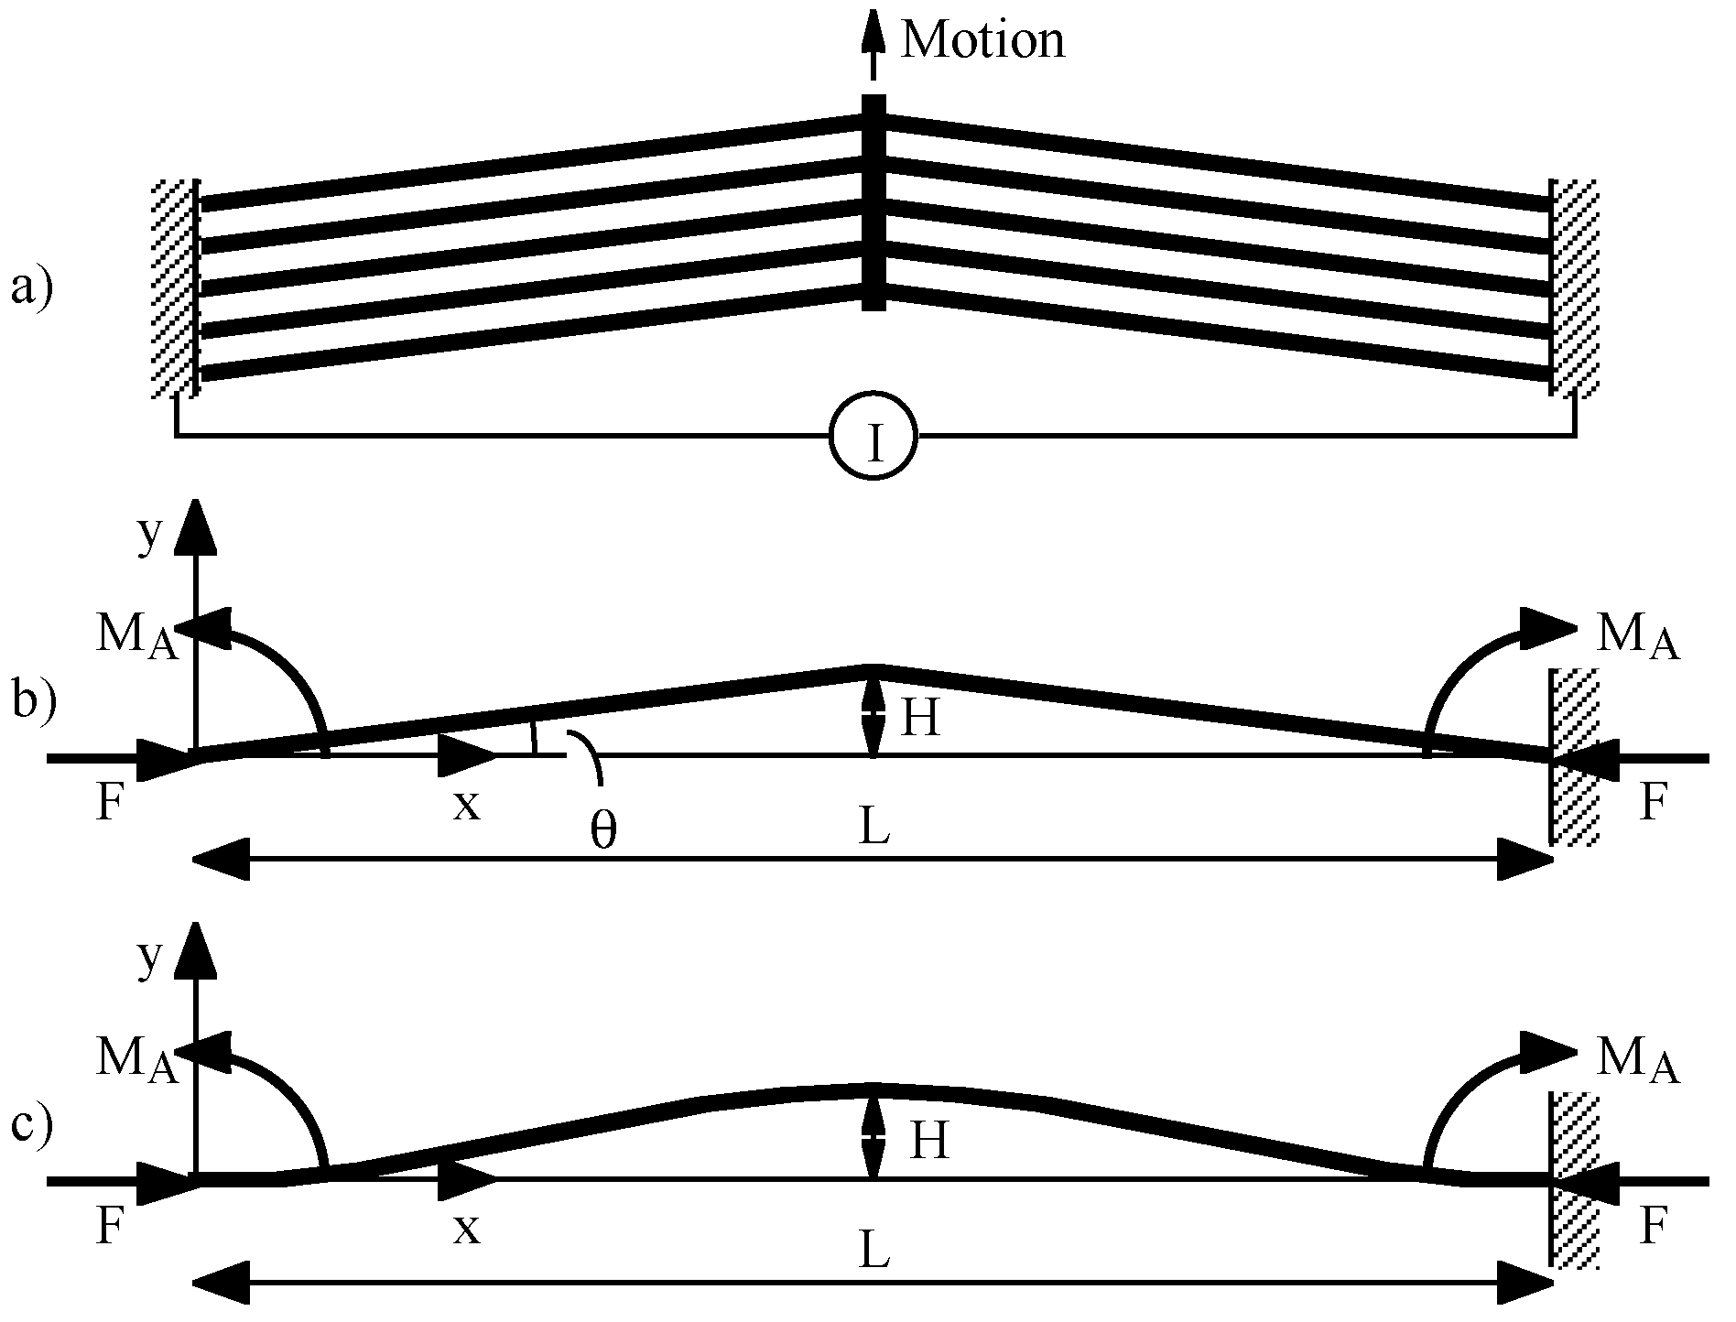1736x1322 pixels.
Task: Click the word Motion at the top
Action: click(982, 40)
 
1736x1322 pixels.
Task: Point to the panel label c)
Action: click(32, 1124)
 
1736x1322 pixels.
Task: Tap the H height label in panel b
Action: click(920, 719)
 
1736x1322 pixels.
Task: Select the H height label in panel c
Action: click(928, 1142)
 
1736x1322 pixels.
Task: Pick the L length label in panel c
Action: click(874, 1252)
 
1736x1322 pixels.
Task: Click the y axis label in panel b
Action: click(149, 536)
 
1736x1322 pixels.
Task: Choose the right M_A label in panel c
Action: click(1636, 1062)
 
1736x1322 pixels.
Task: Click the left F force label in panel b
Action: click(109, 807)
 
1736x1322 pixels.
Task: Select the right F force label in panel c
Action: click(1650, 1228)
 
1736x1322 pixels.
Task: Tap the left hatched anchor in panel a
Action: click(174, 287)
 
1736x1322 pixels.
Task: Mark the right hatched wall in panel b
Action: click(1577, 756)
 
